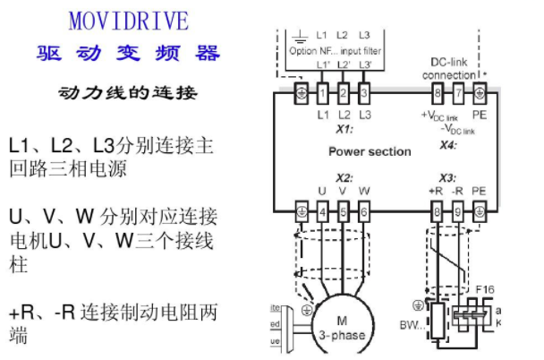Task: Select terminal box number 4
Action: (x=322, y=211)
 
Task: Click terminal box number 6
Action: (x=364, y=211)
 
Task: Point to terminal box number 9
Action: (x=457, y=211)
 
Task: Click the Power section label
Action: (x=370, y=151)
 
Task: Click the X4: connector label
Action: (x=448, y=144)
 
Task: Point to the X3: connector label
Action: (x=448, y=176)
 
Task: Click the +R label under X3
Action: (x=436, y=191)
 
